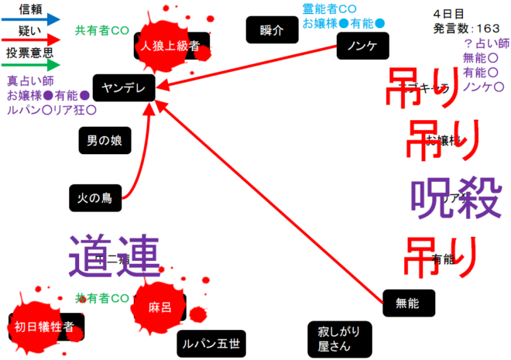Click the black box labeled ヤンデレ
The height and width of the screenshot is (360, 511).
tap(124, 87)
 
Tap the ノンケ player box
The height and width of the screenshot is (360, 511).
tap(362, 46)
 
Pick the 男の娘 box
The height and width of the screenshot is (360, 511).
tap(105, 141)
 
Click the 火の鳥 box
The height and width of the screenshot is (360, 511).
tap(95, 197)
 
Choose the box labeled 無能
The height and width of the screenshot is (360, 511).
tap(409, 303)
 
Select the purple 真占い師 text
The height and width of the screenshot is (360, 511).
tap(29, 81)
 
